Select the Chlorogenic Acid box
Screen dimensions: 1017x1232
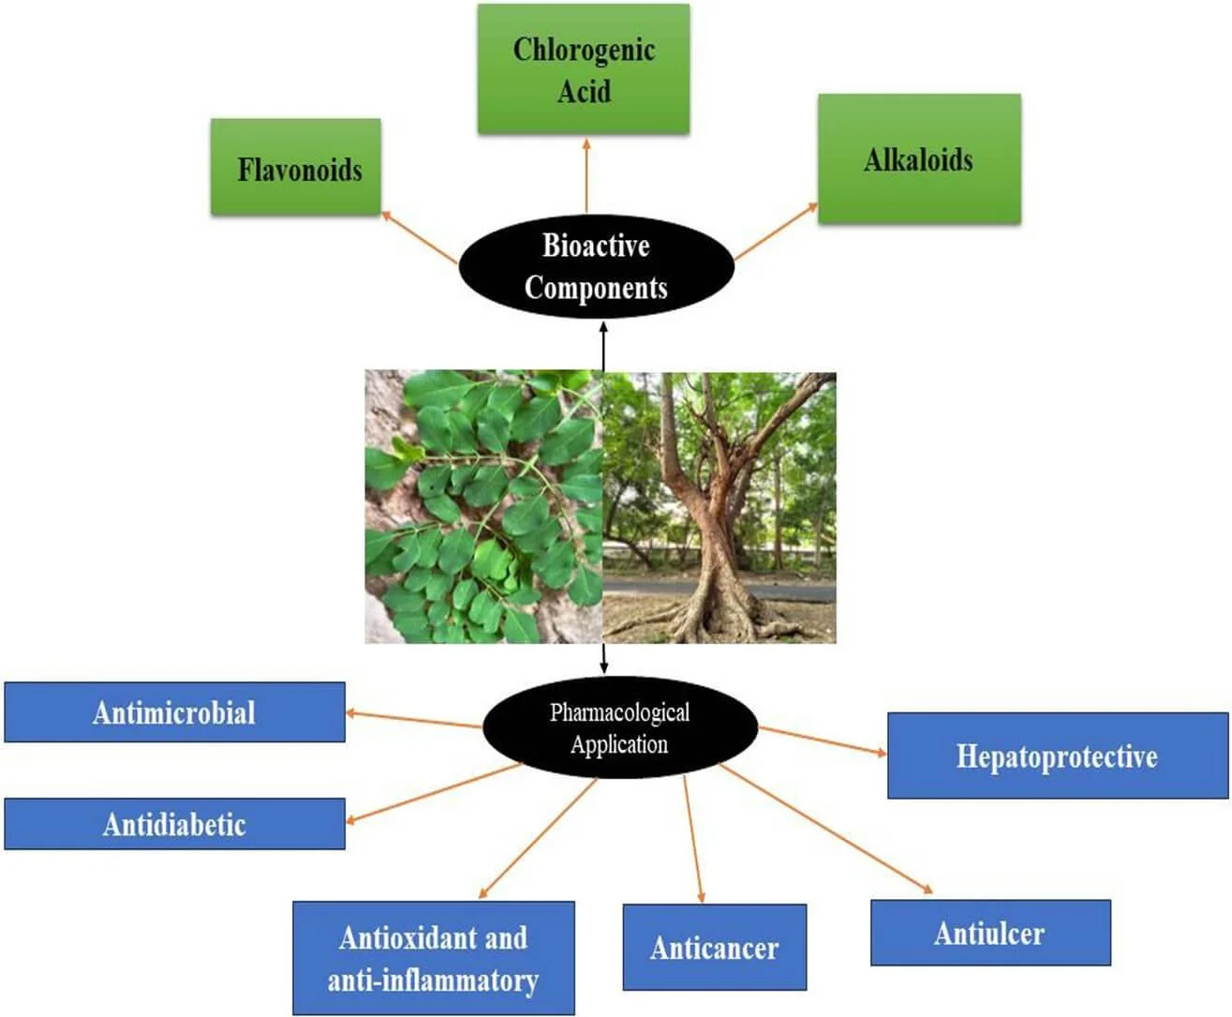pos(584,68)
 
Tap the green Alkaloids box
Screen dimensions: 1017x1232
pos(919,158)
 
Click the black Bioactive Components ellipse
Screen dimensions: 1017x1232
pos(596,266)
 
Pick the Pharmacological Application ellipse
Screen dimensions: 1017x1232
pos(619,727)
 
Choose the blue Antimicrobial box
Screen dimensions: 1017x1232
pos(174,712)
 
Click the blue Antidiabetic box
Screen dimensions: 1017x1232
pos(174,824)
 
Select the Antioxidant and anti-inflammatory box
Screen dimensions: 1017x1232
pos(433,958)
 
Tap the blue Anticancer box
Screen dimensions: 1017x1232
pos(714,948)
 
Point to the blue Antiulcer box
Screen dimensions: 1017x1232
pos(990,933)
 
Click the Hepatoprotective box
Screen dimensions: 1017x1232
pos(1057,756)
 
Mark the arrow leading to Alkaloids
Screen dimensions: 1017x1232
pos(776,232)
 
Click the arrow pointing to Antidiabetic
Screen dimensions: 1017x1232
pos(434,793)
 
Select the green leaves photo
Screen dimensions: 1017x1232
pos(482,506)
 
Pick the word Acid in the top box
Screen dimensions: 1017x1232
pos(584,91)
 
